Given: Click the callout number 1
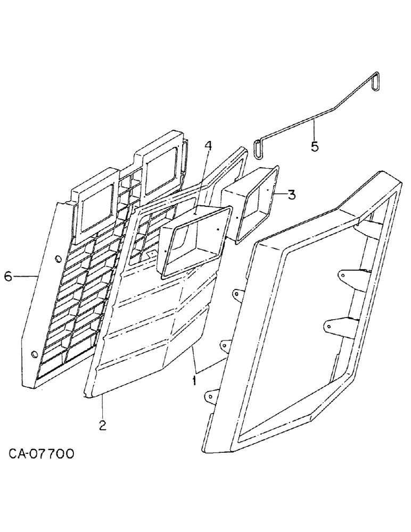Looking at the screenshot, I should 195,381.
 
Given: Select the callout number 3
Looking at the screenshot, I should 291,194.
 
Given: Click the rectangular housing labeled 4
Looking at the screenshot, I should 192,242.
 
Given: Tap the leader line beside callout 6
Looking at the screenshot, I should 24,276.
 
